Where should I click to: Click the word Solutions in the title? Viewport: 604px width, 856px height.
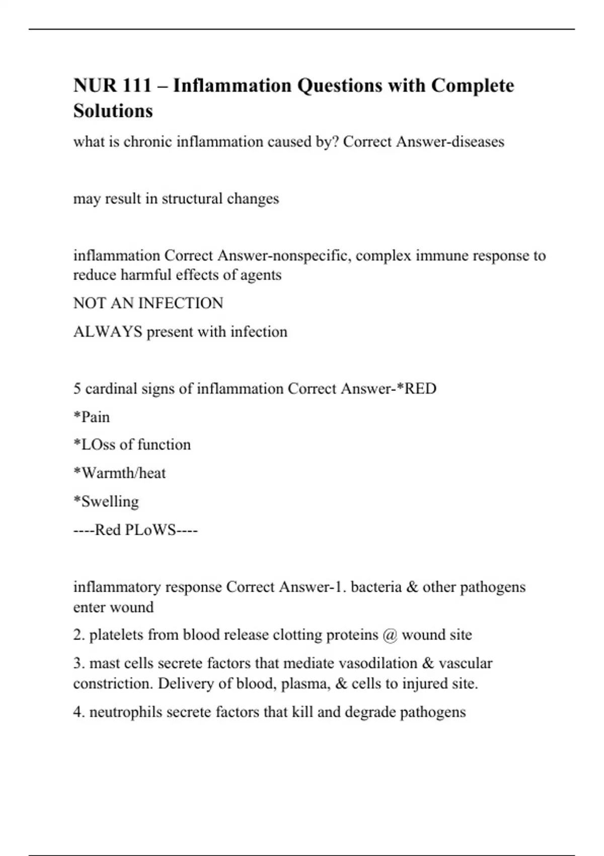113,111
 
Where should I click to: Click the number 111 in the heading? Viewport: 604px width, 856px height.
137,86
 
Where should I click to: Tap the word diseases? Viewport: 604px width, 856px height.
478,142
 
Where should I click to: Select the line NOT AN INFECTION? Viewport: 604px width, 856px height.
148,303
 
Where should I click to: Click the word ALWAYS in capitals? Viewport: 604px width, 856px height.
108,332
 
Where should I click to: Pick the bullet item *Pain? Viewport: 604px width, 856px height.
92,417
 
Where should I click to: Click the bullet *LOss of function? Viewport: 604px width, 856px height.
132,445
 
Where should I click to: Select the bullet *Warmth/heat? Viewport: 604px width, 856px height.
119,473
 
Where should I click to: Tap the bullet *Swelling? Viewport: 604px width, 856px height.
106,502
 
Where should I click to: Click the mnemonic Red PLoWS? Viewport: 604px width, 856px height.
135,530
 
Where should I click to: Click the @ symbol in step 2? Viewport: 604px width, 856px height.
390,635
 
